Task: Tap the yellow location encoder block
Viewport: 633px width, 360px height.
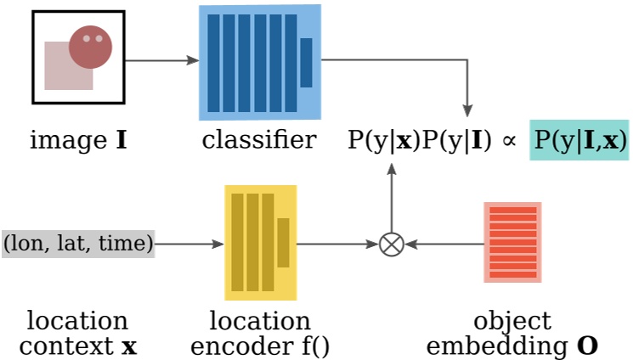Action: pos(260,242)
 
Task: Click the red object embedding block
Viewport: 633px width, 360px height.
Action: pos(512,242)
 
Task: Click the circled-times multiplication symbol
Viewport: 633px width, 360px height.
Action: pos(391,245)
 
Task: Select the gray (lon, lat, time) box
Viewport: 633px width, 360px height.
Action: pos(78,244)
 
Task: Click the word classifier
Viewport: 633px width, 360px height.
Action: pos(259,139)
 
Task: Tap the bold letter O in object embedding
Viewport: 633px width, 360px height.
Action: pos(587,346)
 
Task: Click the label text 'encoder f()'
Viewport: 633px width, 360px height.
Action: pos(260,346)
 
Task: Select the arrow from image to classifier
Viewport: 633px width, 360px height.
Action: pos(161,61)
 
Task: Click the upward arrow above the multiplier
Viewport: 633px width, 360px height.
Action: pos(391,195)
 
